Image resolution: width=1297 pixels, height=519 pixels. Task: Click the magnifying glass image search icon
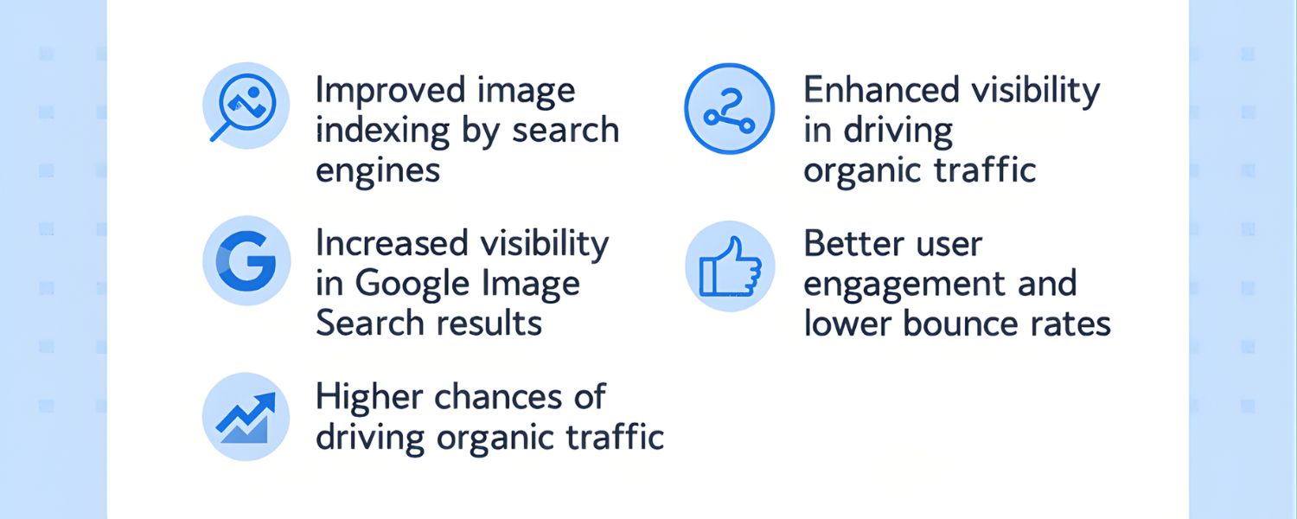coord(246,106)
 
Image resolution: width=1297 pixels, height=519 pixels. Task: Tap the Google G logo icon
coord(246,260)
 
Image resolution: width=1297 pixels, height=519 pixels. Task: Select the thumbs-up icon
coord(730,266)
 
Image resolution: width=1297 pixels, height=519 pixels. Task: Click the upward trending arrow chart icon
coord(246,416)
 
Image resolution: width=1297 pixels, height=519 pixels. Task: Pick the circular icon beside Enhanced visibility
coord(730,109)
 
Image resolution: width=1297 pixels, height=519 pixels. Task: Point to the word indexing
coord(383,131)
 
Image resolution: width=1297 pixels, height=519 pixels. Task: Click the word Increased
coord(392,243)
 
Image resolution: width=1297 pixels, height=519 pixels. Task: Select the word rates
coord(1067,324)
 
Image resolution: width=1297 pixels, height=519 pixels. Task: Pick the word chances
coord(497,397)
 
